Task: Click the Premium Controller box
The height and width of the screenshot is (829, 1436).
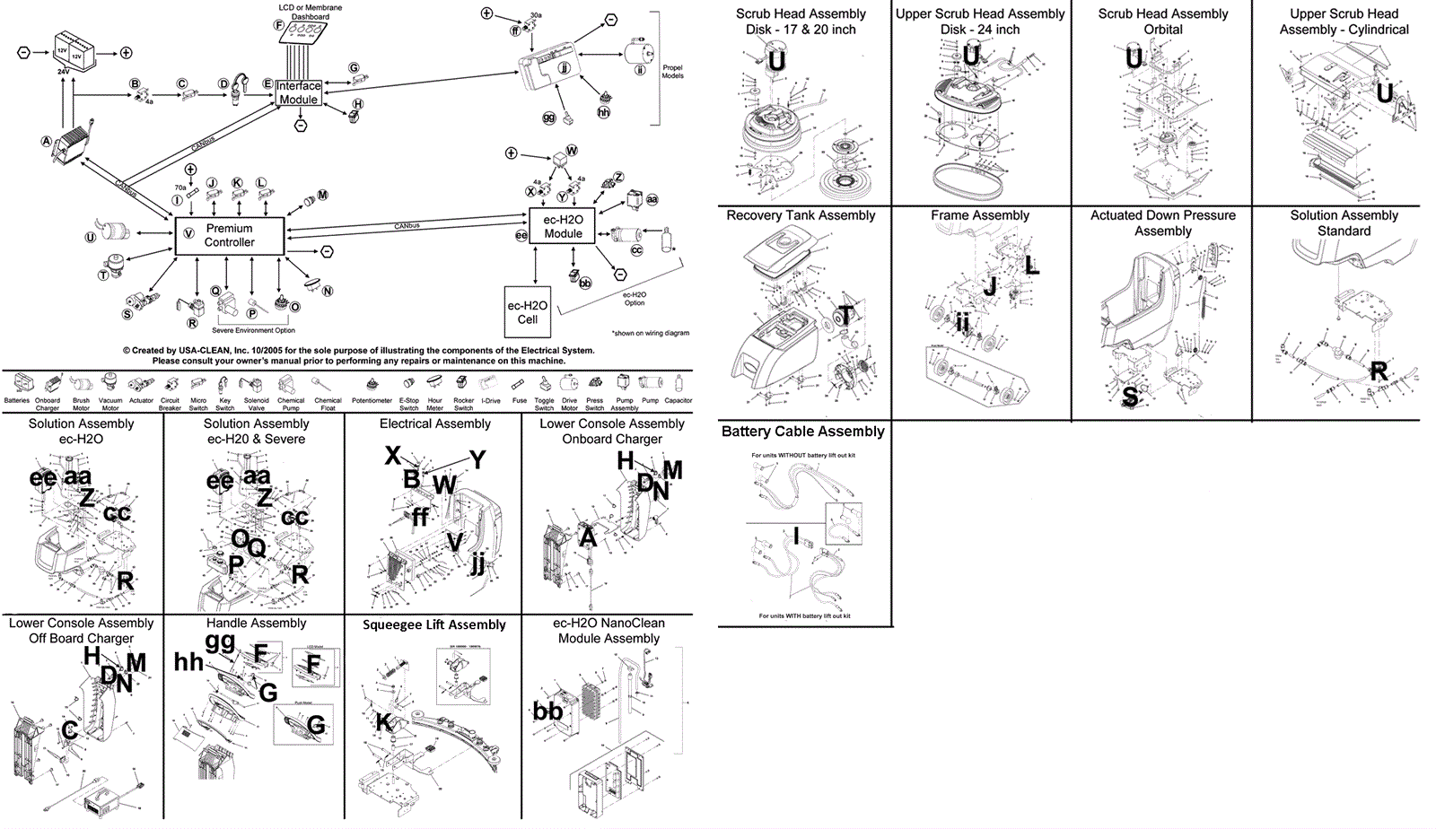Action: tap(230, 236)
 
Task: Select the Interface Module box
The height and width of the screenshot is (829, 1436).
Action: tap(298, 93)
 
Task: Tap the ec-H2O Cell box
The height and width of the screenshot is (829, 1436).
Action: tap(527, 312)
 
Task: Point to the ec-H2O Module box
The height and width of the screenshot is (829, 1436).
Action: tap(563, 227)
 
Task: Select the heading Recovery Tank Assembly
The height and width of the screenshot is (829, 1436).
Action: tap(801, 215)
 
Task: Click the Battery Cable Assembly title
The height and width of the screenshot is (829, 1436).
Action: tap(802, 432)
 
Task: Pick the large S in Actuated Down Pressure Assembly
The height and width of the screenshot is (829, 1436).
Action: tap(1131, 396)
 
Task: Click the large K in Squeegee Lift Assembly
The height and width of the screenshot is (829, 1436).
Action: tap(383, 722)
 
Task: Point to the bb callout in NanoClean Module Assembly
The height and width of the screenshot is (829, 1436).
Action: tap(547, 711)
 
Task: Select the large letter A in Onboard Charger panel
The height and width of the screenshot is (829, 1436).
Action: tap(588, 537)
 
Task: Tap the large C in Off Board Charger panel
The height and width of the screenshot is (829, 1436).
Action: tap(69, 732)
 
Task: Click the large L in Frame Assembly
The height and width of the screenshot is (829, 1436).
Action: tap(1032, 266)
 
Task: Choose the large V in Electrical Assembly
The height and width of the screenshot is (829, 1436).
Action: tap(455, 542)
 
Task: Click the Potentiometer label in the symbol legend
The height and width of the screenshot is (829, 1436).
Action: tap(372, 401)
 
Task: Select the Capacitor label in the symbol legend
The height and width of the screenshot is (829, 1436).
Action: tap(678, 401)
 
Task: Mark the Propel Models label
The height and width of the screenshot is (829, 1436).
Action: tap(672, 72)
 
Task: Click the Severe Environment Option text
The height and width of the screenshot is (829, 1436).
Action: tap(253, 331)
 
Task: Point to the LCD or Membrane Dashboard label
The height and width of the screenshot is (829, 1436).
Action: tap(310, 12)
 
